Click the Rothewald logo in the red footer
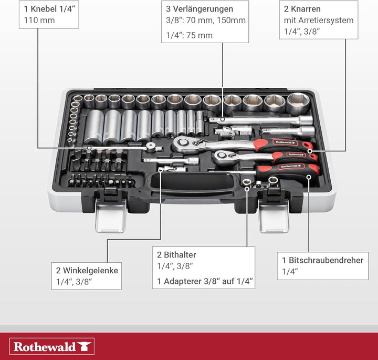click(x=52, y=346)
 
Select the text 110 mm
click(x=39, y=20)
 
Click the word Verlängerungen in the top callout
click(x=203, y=9)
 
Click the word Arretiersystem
click(x=325, y=20)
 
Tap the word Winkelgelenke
click(x=91, y=271)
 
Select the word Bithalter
click(x=180, y=255)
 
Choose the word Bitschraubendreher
click(x=326, y=260)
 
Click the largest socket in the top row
click(x=298, y=103)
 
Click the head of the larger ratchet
click(x=185, y=144)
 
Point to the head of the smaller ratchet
click(x=223, y=157)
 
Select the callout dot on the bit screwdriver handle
click(x=309, y=177)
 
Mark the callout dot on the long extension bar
click(x=223, y=119)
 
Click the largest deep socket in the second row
click(x=94, y=127)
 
